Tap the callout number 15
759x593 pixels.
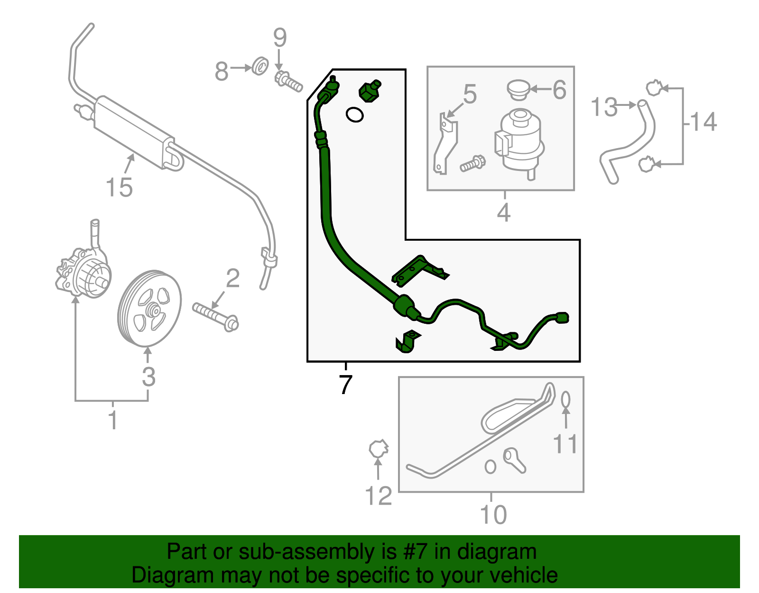click(x=119, y=187)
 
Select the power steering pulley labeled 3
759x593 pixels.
click(x=149, y=309)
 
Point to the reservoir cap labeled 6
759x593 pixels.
click(x=518, y=89)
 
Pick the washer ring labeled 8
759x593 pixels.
click(x=259, y=66)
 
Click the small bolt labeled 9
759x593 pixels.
click(x=288, y=82)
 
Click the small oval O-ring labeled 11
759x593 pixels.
click(x=565, y=400)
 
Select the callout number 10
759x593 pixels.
click(x=493, y=515)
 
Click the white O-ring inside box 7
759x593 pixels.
click(x=354, y=114)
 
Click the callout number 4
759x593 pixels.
click(x=504, y=212)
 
